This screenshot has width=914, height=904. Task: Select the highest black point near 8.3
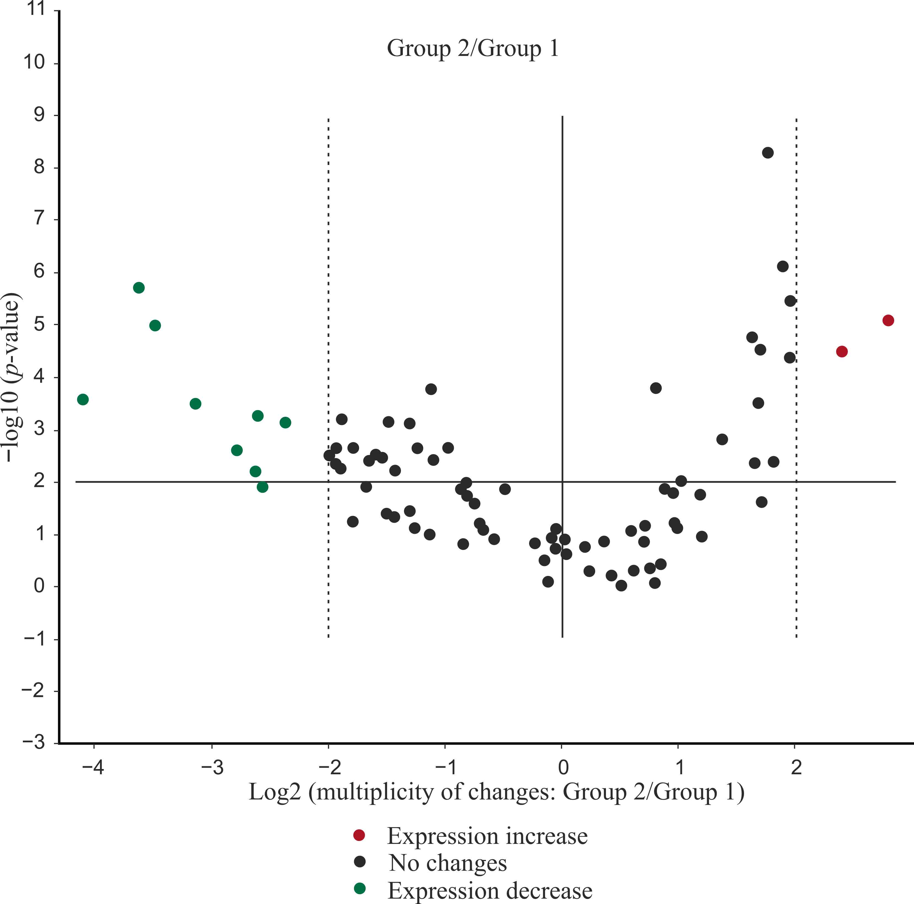point(768,153)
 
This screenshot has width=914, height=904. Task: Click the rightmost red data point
point(888,321)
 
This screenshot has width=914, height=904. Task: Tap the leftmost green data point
point(83,399)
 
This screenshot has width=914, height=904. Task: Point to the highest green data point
point(139,288)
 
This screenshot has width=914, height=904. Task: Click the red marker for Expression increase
point(360,835)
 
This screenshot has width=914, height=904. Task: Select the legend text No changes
point(447,863)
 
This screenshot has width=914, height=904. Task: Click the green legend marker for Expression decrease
point(360,889)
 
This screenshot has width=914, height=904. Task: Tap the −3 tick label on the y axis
point(33,743)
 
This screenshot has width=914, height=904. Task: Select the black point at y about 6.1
point(783,266)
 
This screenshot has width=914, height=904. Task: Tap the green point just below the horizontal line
point(263,487)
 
